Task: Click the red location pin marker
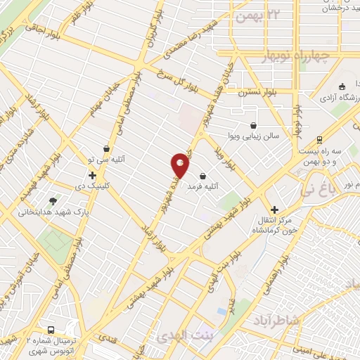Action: [181, 165]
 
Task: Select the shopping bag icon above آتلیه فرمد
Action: [203, 176]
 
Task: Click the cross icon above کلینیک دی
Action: [92, 174]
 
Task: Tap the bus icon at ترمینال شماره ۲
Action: [51, 330]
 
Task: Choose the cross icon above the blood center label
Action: [274, 209]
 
